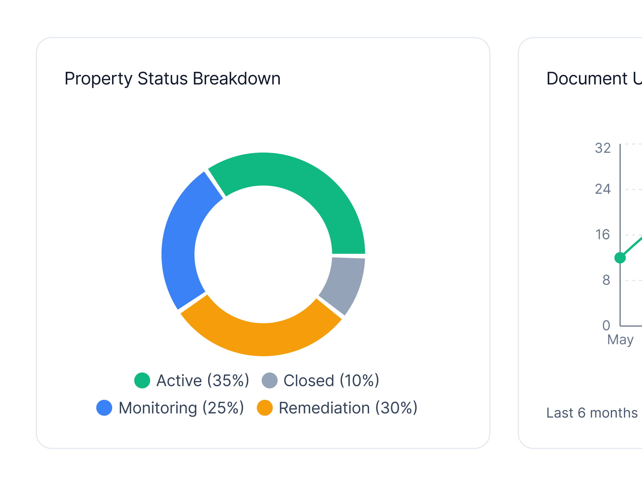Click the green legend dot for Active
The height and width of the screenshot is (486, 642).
point(142,380)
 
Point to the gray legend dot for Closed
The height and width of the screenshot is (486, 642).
point(270,380)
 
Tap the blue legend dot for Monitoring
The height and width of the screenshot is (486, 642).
point(104,408)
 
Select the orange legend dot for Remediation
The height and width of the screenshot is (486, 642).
point(265,408)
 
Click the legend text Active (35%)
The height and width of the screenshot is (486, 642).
point(203,380)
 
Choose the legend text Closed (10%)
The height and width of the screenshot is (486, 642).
point(331,380)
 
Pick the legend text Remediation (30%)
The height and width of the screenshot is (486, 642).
point(348,408)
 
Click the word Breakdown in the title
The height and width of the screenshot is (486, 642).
point(236,78)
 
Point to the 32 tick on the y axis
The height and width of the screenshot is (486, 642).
point(603,148)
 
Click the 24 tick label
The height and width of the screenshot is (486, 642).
point(603,189)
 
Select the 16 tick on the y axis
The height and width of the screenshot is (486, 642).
point(603,235)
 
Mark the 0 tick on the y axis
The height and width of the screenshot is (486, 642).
point(606,325)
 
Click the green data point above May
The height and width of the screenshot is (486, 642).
point(620,258)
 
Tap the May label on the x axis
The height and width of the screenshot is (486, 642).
point(620,340)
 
